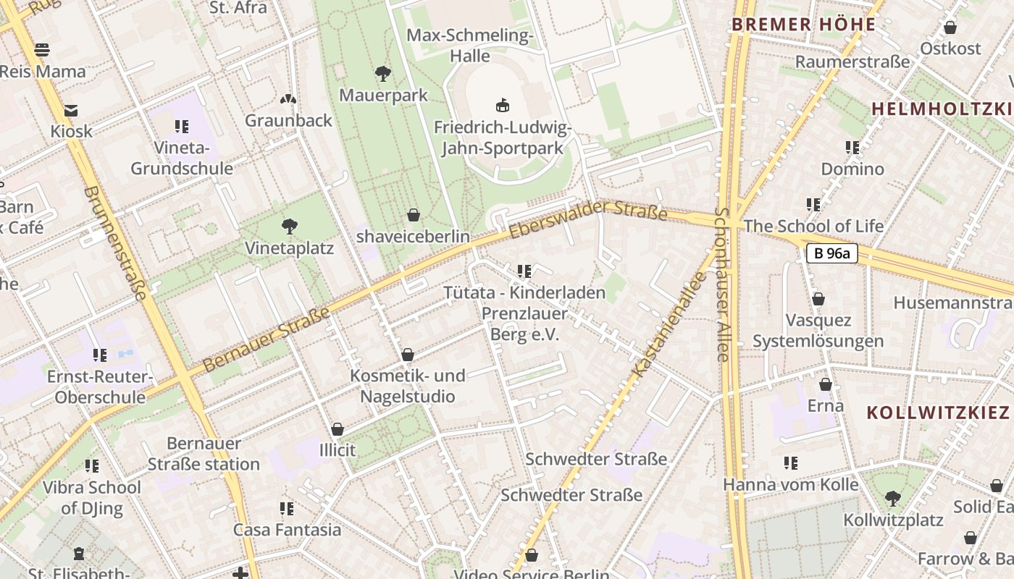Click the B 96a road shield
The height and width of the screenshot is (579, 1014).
pos(831,253)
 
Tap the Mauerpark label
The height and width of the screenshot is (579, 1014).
pos(383,96)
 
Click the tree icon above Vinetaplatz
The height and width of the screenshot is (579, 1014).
pos(290,227)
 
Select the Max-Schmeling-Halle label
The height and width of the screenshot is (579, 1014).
pos(470,46)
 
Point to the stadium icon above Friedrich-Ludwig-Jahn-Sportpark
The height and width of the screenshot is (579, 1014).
pos(502,106)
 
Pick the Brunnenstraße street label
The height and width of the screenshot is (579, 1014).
pos(116,243)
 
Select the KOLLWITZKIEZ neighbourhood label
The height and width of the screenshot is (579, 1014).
pos(938,413)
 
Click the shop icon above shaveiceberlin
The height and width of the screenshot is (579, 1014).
pos(414,215)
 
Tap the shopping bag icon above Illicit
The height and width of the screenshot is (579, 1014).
pos(337,429)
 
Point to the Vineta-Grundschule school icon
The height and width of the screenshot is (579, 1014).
pos(181,127)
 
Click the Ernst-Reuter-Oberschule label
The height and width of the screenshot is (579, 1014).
pos(100,387)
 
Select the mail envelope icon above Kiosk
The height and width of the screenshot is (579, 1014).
pos(71,111)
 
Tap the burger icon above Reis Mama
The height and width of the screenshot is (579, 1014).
pos(42,50)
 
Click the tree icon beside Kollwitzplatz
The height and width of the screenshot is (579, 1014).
pos(893,498)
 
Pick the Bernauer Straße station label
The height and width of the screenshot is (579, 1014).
pos(204,454)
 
